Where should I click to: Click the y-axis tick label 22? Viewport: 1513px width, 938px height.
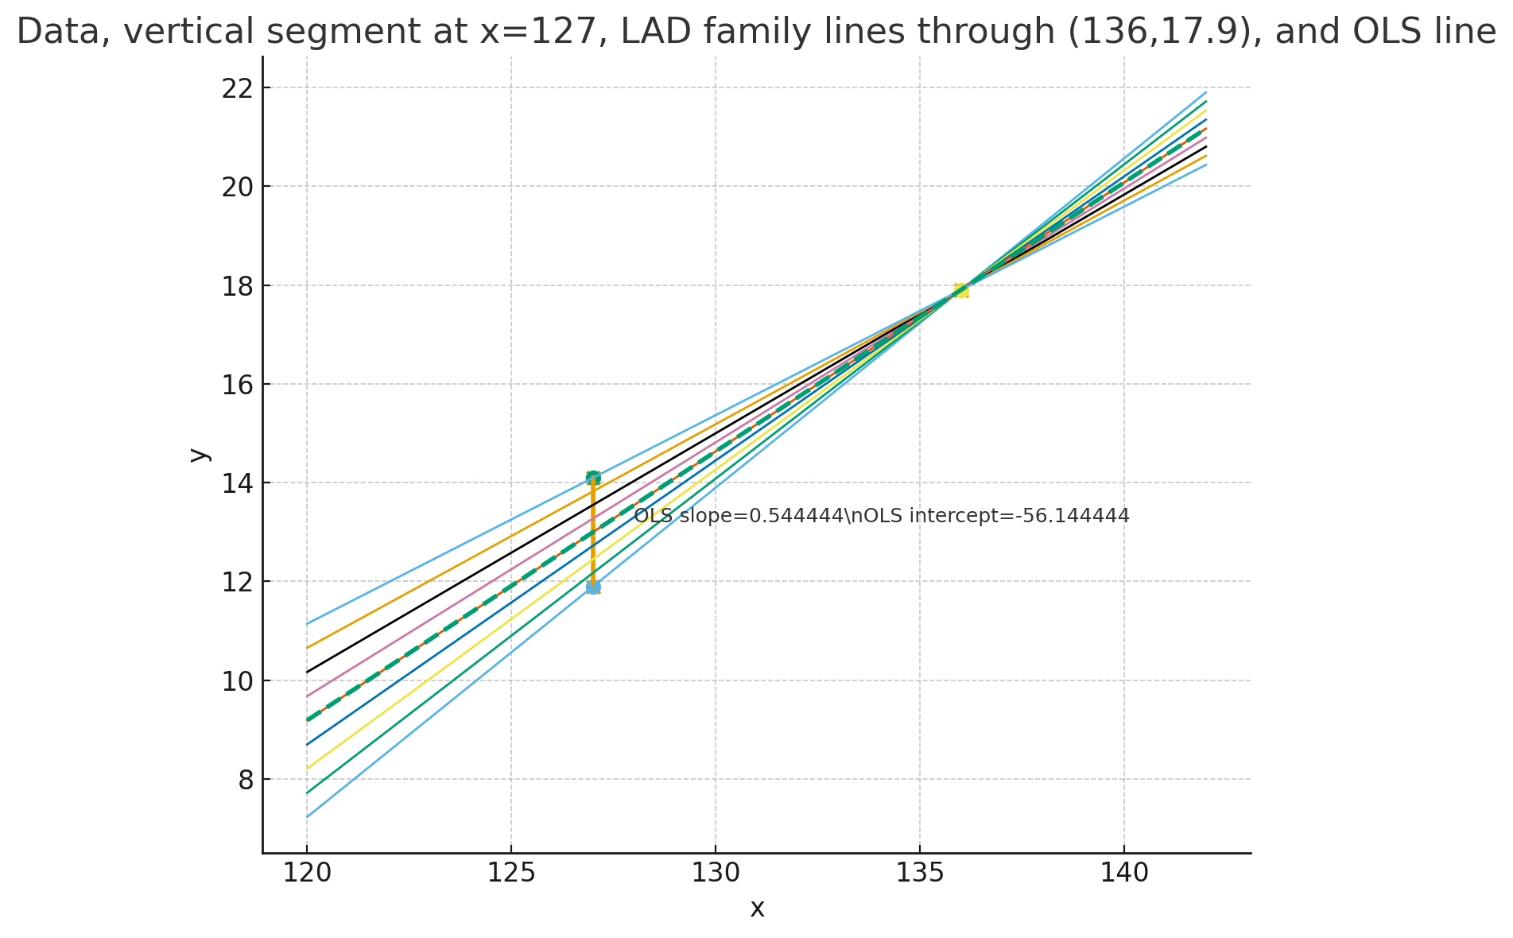click(x=235, y=87)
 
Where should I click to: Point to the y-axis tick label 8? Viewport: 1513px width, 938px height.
click(x=245, y=780)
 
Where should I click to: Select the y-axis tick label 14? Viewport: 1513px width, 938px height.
click(x=235, y=483)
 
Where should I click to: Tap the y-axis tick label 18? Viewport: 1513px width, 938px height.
click(x=235, y=285)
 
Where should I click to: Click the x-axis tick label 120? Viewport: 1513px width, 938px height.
click(x=307, y=874)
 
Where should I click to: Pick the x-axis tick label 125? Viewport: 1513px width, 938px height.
click(x=510, y=874)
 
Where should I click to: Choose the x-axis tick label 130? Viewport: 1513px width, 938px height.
click(x=715, y=874)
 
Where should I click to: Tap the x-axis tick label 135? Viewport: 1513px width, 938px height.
click(x=919, y=874)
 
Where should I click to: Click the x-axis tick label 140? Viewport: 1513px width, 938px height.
click(x=1123, y=874)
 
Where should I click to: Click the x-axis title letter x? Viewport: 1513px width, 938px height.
click(x=757, y=909)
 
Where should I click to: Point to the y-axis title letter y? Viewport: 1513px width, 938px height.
click(x=199, y=455)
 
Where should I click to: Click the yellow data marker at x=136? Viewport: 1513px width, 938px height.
click(x=960, y=290)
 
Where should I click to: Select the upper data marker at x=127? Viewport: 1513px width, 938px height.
click(x=593, y=478)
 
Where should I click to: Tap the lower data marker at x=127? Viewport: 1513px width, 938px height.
click(x=593, y=587)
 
